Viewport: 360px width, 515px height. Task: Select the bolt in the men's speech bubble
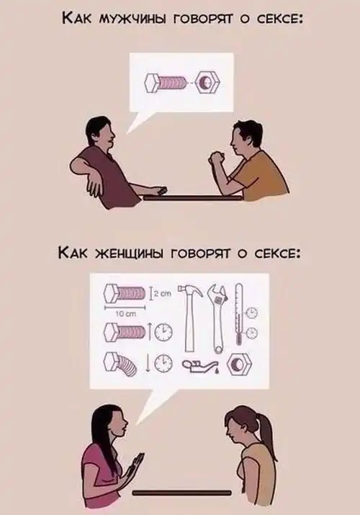point(165,83)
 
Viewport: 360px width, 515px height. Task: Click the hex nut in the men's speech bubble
point(207,82)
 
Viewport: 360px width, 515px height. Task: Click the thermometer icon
point(239,314)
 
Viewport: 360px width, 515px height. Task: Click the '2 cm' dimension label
point(163,295)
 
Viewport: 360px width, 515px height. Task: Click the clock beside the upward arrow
point(163,332)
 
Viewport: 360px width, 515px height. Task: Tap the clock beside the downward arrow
point(163,364)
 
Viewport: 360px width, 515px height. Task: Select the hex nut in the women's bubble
point(240,364)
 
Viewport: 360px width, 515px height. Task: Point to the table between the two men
point(193,198)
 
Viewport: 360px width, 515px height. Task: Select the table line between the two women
point(182,493)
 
